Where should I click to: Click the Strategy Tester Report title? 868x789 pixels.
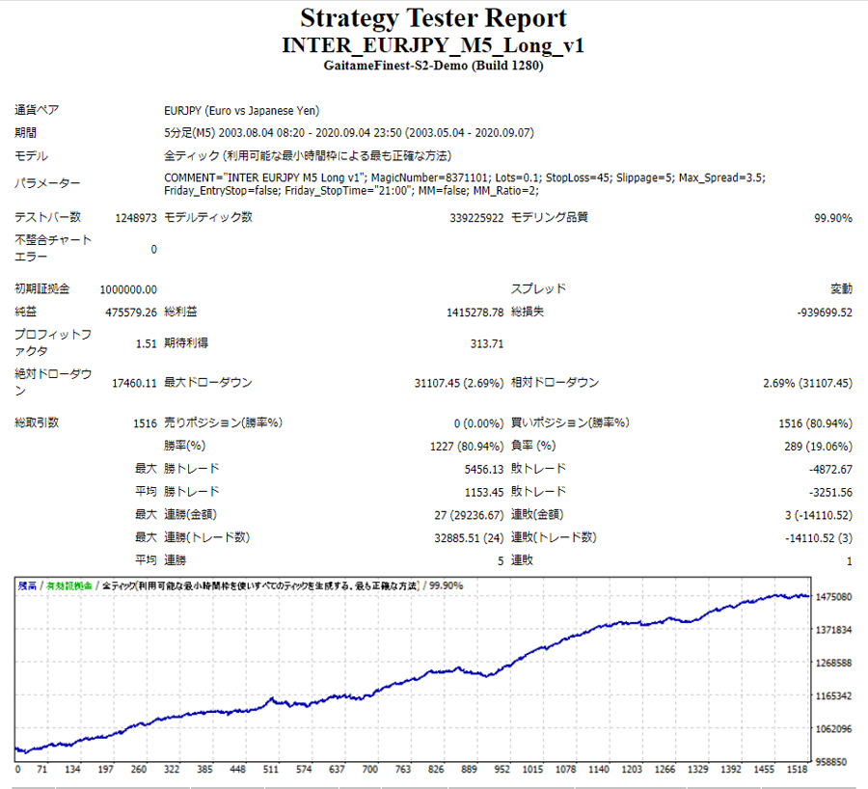[433, 17]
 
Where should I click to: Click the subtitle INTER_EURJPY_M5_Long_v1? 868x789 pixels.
[433, 45]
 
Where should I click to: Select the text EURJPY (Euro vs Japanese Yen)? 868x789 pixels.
[242, 111]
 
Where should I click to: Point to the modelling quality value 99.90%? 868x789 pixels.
[833, 218]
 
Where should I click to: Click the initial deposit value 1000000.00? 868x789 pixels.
[128, 289]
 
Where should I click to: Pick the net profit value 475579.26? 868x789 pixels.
[131, 313]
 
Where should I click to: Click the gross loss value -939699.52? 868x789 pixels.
[825, 313]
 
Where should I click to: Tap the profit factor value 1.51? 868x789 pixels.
[147, 342]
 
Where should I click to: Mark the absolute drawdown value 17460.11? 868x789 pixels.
[134, 383]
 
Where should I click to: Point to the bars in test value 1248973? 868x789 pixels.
[136, 218]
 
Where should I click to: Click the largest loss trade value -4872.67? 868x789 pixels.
[828, 469]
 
